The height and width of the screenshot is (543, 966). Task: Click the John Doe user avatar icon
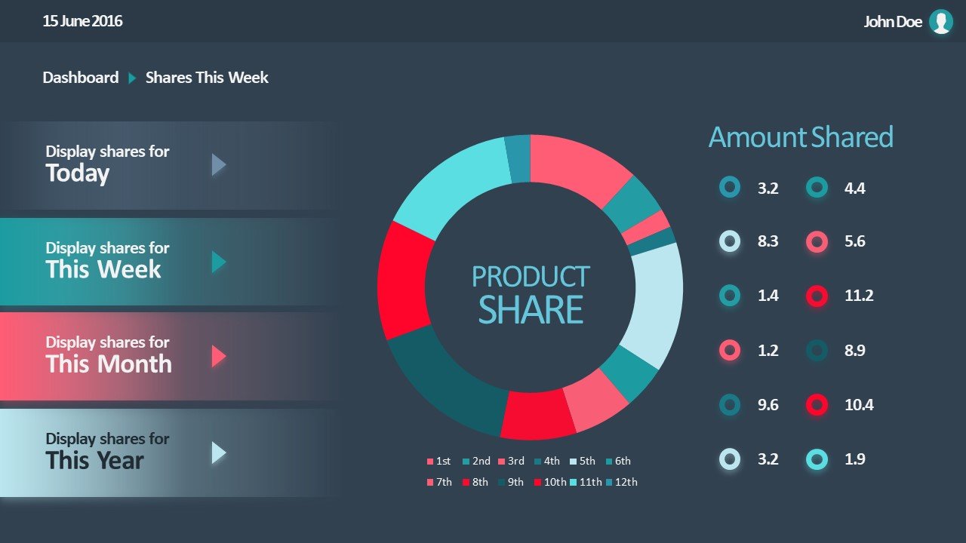(x=940, y=22)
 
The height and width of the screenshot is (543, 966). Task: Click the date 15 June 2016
(x=82, y=21)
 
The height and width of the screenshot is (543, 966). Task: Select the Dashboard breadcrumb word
(x=81, y=78)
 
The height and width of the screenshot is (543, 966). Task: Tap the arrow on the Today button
(x=218, y=164)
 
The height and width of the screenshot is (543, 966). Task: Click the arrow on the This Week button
(x=218, y=262)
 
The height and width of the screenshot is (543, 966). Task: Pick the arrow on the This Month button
(x=218, y=356)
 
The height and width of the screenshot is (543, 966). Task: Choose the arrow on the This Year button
(x=218, y=452)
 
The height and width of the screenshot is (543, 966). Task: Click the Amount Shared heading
(x=801, y=137)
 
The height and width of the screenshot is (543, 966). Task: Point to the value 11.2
(x=859, y=296)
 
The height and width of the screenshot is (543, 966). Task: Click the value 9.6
(x=768, y=405)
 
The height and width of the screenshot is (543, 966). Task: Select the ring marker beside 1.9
(x=817, y=459)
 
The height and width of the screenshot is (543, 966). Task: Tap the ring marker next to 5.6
(x=817, y=242)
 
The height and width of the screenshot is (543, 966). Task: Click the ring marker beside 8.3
(x=730, y=241)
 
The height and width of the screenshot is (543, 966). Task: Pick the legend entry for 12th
(x=622, y=482)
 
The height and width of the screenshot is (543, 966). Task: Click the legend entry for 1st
(x=439, y=461)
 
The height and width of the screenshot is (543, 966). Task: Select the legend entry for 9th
(x=512, y=482)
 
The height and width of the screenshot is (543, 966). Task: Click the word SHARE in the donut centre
(x=531, y=310)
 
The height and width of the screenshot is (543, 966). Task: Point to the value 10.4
(x=859, y=405)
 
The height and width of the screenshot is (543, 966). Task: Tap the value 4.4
(x=855, y=189)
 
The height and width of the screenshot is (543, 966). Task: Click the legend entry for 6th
(x=618, y=461)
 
